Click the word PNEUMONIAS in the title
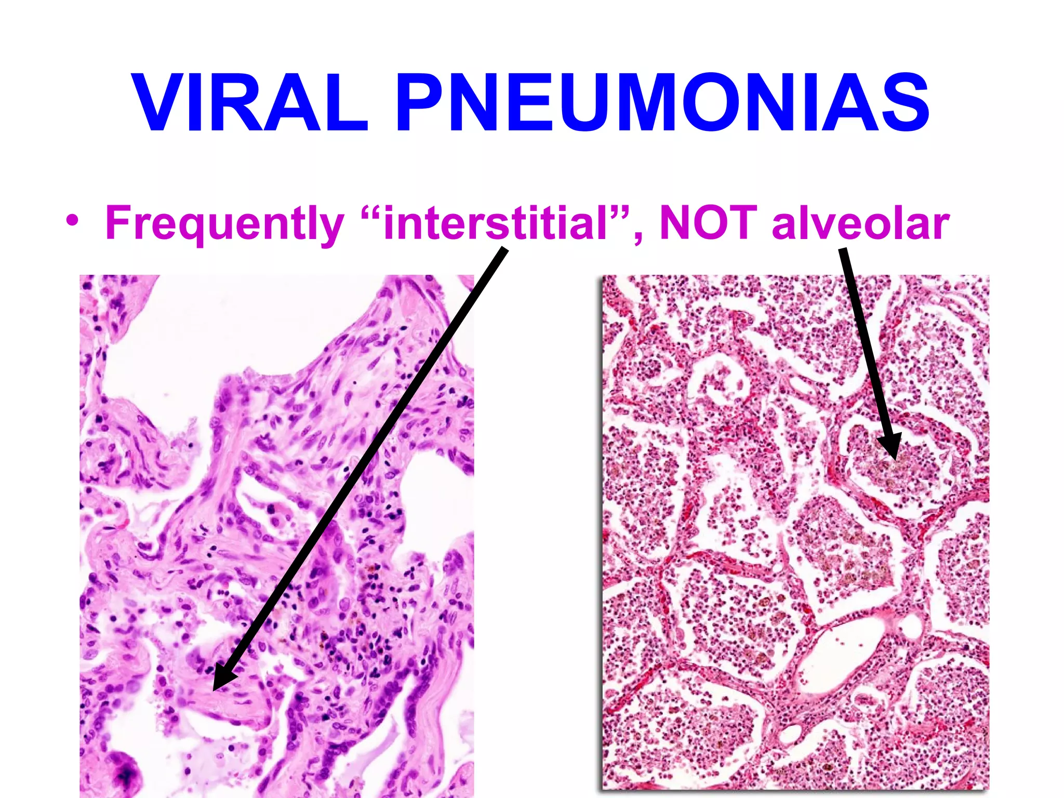[663, 102]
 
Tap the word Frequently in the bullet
[224, 223]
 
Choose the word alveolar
[860, 223]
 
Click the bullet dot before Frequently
[73, 221]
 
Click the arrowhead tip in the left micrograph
[215, 689]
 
